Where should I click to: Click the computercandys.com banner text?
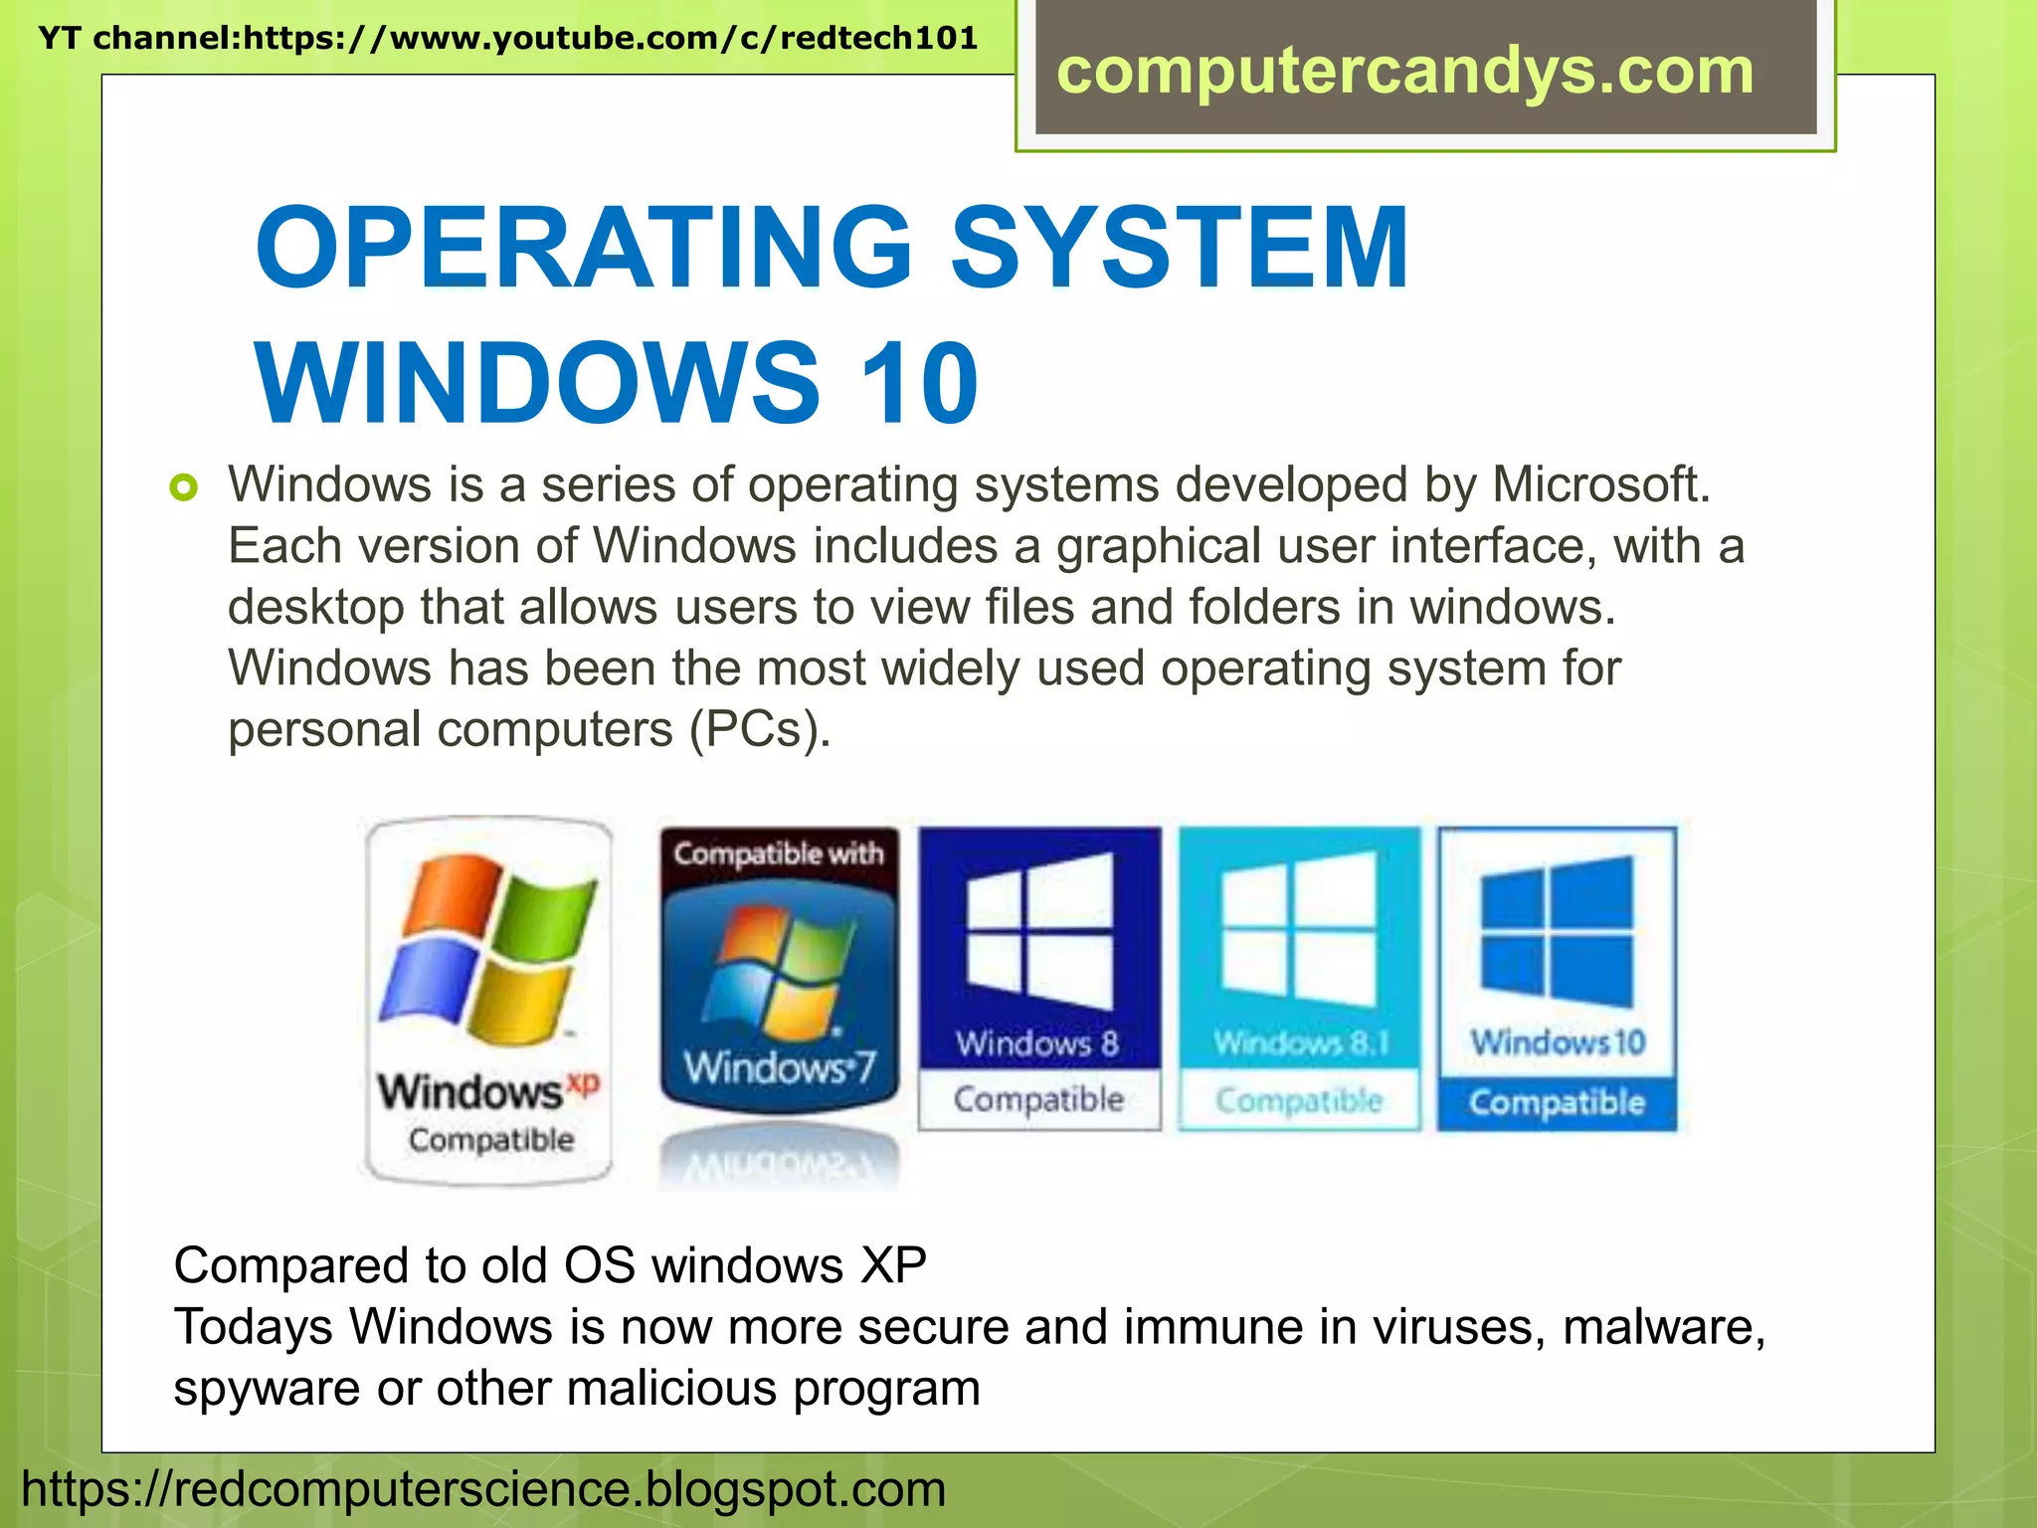(x=1404, y=72)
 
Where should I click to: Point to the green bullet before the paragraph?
(x=184, y=487)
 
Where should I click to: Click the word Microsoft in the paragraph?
(x=1600, y=485)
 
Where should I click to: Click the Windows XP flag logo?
(x=488, y=950)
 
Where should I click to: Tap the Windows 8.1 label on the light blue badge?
(x=1300, y=1043)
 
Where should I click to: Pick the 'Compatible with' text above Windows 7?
(x=779, y=854)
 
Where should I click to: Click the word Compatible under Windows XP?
(x=491, y=1140)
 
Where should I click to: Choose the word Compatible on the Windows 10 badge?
(x=1557, y=1102)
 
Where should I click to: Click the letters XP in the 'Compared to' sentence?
(x=892, y=1266)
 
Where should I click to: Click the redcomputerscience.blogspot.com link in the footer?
(x=483, y=1490)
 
